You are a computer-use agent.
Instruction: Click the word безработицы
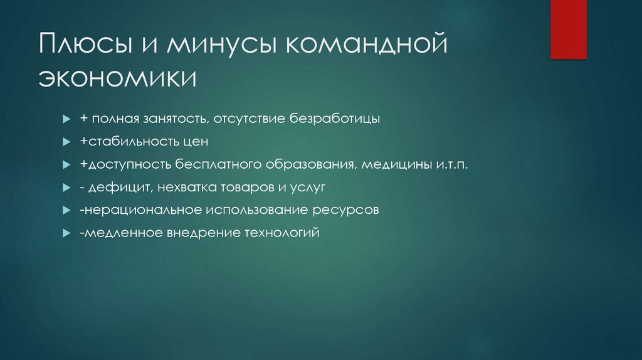(335, 119)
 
